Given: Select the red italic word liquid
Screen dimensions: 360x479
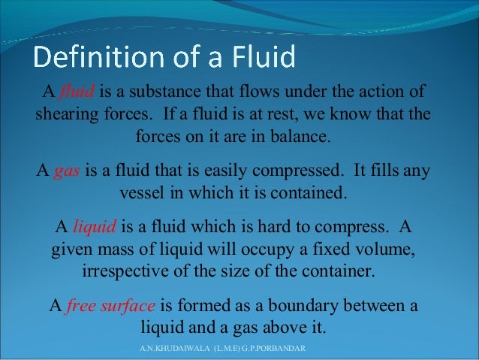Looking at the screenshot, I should click(91, 226).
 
